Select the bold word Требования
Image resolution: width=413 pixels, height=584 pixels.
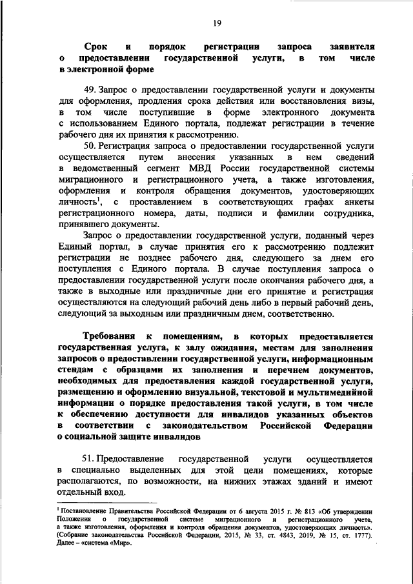(109, 337)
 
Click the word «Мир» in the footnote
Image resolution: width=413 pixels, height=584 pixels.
(123, 543)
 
